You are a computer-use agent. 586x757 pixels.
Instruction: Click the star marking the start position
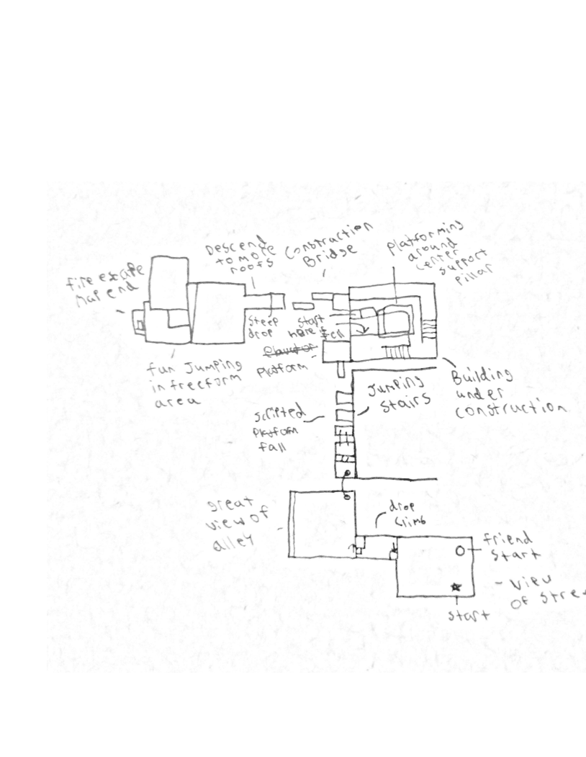(x=456, y=588)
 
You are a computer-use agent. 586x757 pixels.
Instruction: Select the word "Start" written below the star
(x=469, y=616)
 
